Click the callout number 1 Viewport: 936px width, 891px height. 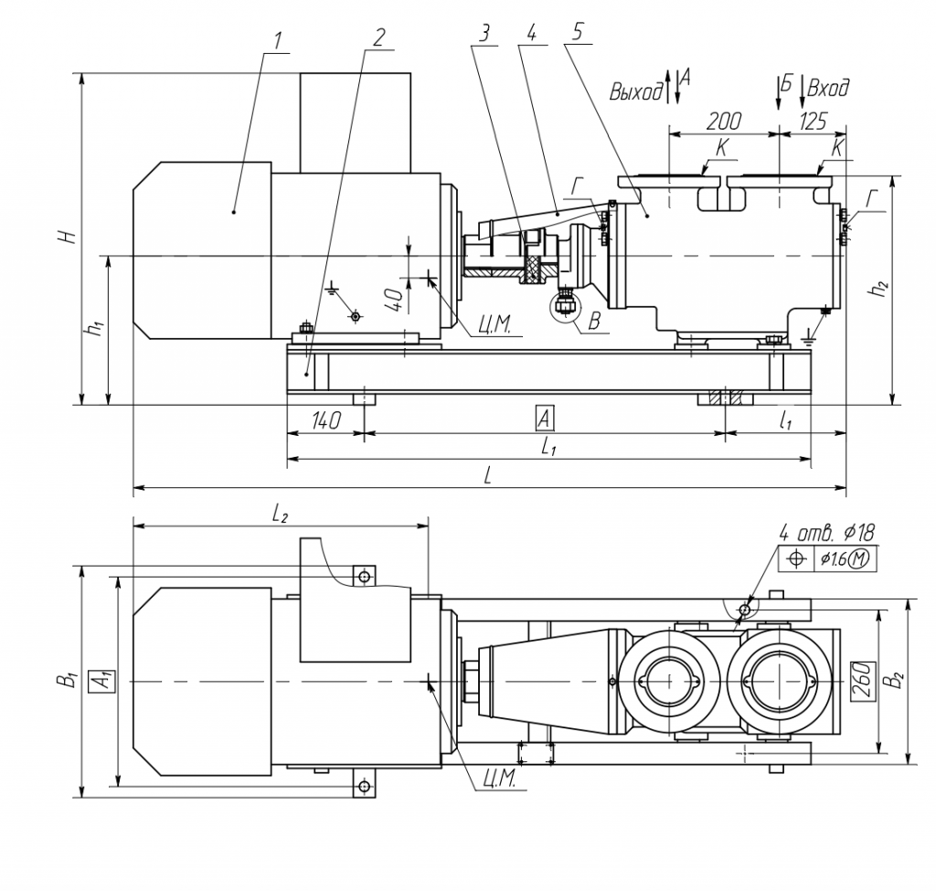pos(278,40)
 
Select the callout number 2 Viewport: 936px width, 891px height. pos(379,37)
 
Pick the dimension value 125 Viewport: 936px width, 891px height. pos(813,121)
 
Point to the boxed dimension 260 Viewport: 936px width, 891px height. pos(861,680)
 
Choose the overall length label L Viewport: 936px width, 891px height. pos(489,475)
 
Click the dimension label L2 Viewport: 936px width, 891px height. pos(280,514)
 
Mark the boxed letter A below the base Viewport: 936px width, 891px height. pos(544,419)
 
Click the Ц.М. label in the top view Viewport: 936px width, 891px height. pos(497,779)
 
